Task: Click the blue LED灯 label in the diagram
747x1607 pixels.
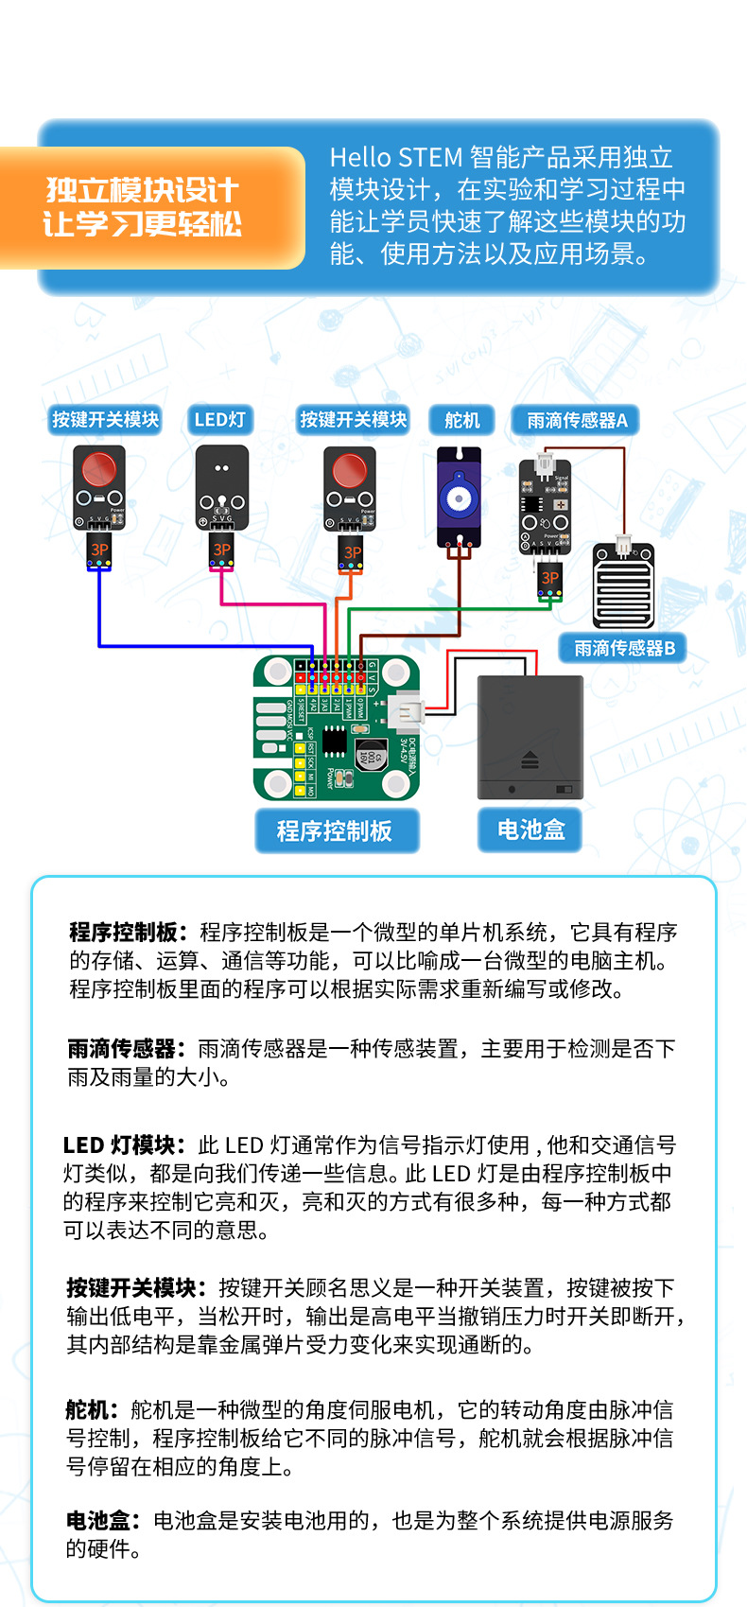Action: click(x=219, y=420)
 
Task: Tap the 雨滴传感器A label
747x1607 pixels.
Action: click(x=576, y=420)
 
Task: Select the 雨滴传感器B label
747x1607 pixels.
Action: click(x=624, y=648)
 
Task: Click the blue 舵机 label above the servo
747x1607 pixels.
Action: click(x=461, y=420)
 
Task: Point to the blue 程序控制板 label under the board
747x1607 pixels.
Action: click(x=335, y=830)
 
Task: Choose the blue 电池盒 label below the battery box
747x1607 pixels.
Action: click(x=530, y=830)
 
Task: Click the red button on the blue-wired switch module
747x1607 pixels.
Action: click(x=98, y=469)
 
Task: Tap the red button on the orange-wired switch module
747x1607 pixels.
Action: click(x=349, y=470)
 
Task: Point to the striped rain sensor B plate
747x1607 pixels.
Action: click(x=622, y=586)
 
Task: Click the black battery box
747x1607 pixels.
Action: click(x=530, y=736)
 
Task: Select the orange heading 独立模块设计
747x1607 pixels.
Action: click(x=142, y=190)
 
